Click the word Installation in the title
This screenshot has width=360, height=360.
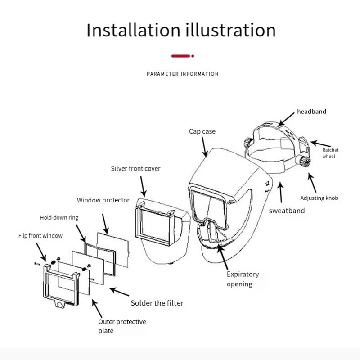pyautogui.click(x=133, y=30)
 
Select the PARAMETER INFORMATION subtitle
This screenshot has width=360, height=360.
pyautogui.click(x=183, y=74)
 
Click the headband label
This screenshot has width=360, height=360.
pyautogui.click(x=311, y=112)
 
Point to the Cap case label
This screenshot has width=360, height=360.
pyautogui.click(x=202, y=131)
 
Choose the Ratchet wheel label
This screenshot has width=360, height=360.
pyautogui.click(x=330, y=153)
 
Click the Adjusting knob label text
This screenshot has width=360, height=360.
pyautogui.click(x=319, y=198)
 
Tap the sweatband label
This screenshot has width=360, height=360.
pyautogui.click(x=287, y=211)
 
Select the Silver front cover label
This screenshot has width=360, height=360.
pyautogui.click(x=135, y=168)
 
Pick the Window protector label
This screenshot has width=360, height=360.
pyautogui.click(x=103, y=200)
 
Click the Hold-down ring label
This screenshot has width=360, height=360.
pyautogui.click(x=59, y=217)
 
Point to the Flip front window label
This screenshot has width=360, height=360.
pyautogui.click(x=40, y=236)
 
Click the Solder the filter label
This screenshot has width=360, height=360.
pyautogui.click(x=157, y=303)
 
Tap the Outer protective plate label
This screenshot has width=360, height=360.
pyautogui.click(x=122, y=326)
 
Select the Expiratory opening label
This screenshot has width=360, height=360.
pyautogui.click(x=243, y=279)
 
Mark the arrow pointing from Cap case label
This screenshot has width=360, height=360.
pyautogui.click(x=205, y=147)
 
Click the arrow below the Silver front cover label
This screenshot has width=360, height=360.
pyautogui.click(x=144, y=187)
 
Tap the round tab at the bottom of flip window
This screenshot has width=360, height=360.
pyautogui.click(x=60, y=305)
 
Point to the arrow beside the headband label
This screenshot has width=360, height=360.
pyautogui.click(x=286, y=119)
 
